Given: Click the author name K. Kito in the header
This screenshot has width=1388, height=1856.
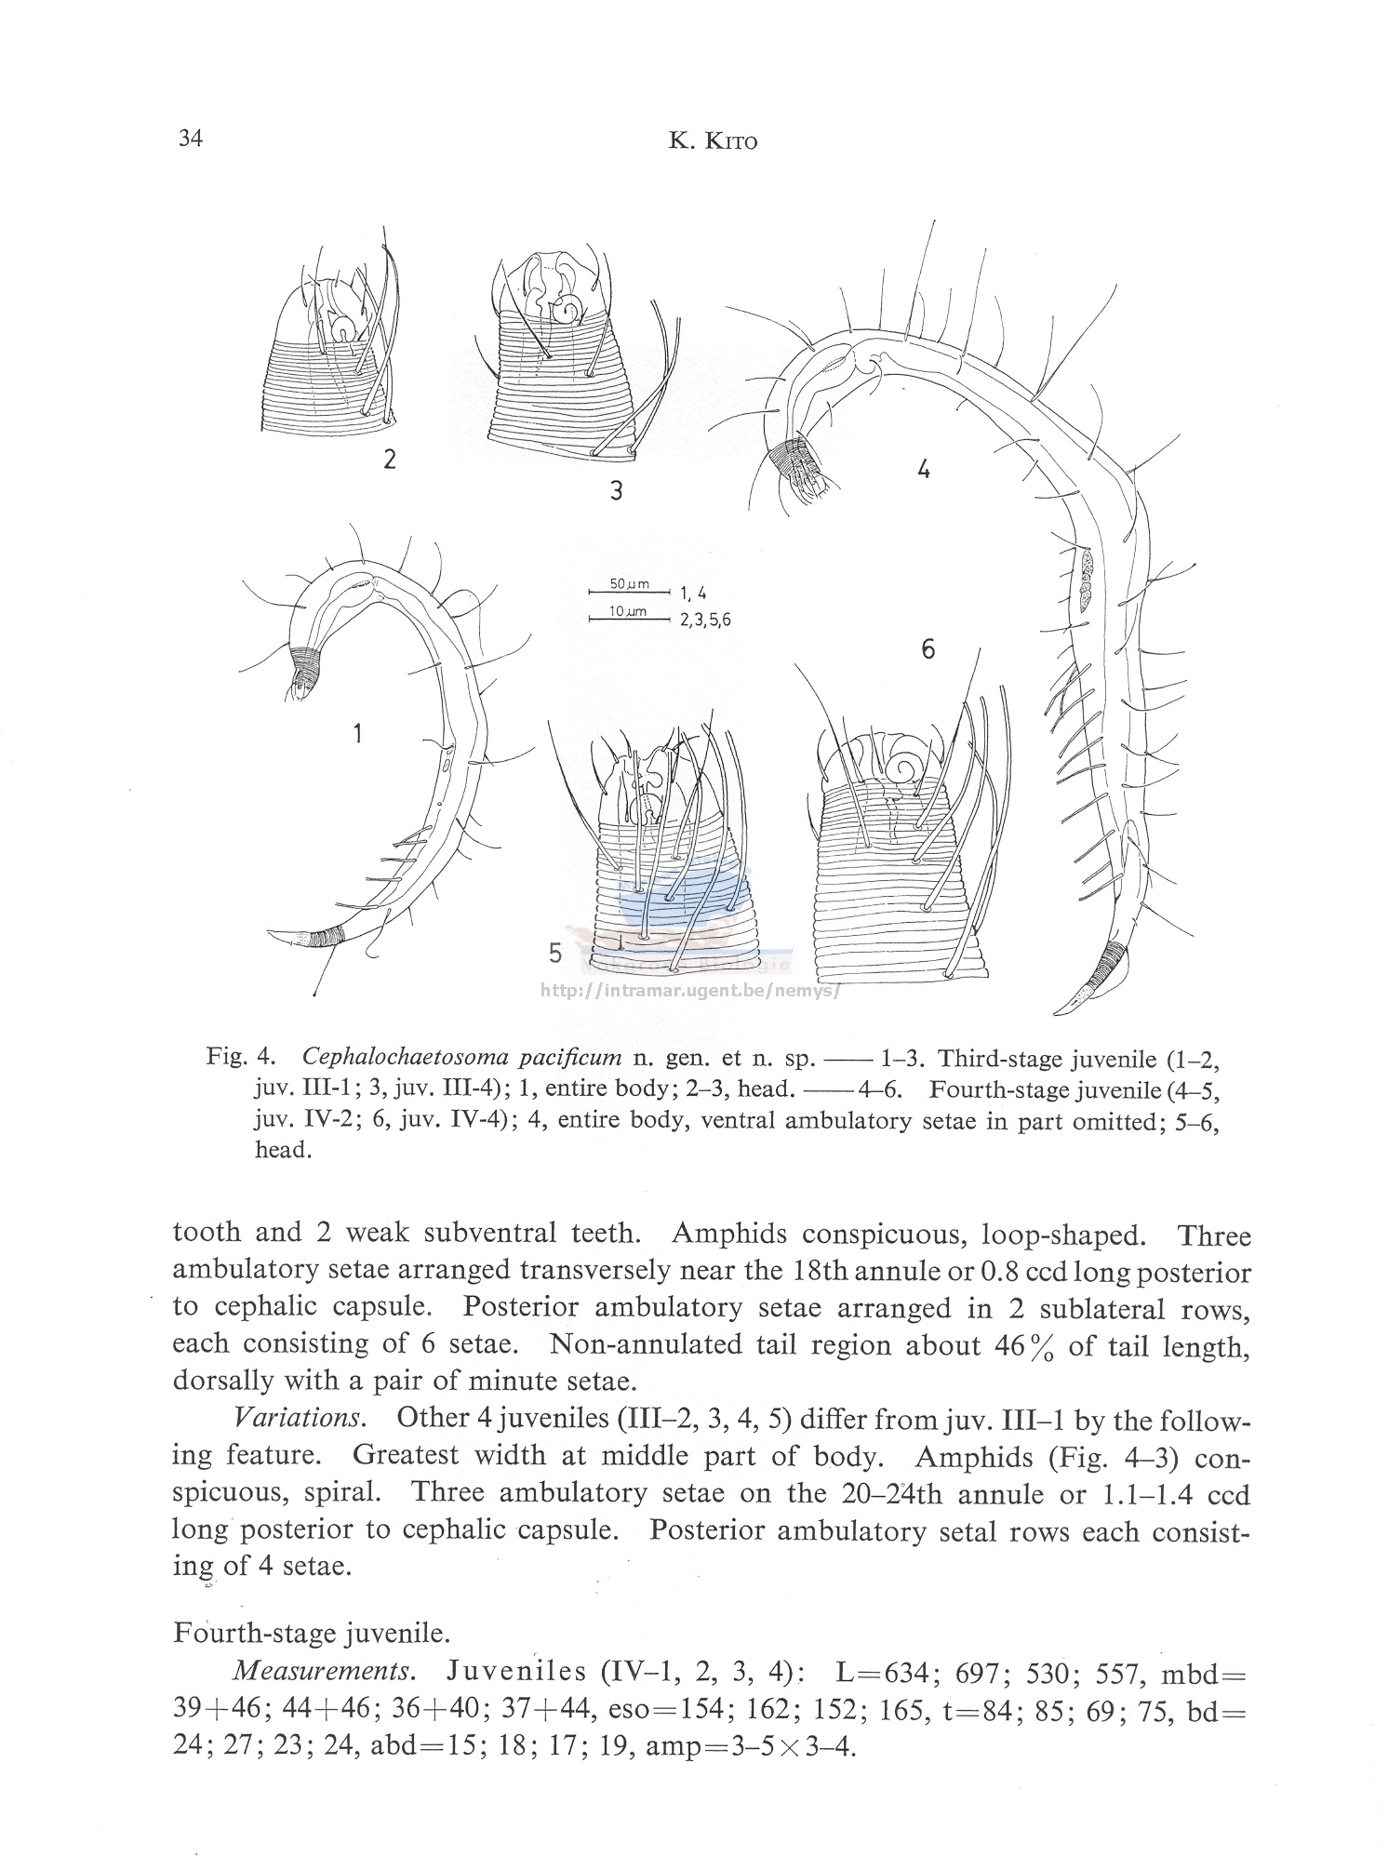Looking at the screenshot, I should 713,142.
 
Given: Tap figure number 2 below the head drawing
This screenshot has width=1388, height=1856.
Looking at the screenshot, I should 389,459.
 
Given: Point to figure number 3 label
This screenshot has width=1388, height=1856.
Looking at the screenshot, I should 616,490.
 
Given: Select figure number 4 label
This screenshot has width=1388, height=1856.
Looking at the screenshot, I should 923,470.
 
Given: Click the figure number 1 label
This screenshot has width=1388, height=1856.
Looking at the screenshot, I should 357,734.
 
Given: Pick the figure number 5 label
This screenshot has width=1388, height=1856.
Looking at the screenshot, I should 555,954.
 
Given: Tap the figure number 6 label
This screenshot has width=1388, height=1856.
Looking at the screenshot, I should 928,648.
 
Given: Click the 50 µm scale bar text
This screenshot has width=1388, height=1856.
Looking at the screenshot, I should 629,583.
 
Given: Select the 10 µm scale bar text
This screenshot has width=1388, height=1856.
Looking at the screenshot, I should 628,611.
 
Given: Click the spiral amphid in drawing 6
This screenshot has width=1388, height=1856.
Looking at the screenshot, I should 902,768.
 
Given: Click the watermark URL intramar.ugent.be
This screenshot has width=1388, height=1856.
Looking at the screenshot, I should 690,991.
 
